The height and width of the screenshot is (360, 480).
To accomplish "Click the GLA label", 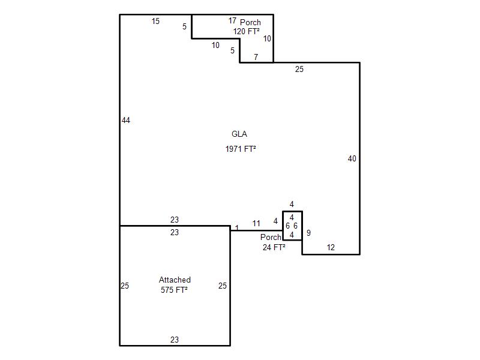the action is (x=239, y=134).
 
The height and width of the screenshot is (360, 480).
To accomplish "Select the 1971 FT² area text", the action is (x=241, y=149).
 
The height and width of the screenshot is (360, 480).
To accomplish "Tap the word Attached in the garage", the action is (x=175, y=280).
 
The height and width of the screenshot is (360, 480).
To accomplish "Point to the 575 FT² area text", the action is (x=174, y=290).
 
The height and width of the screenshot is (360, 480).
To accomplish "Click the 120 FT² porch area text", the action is (x=247, y=32).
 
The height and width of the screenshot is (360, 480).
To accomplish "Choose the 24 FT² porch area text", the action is (x=274, y=247).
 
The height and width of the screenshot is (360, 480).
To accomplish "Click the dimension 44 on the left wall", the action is (x=126, y=121).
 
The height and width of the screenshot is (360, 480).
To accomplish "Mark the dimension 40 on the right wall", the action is (x=352, y=158).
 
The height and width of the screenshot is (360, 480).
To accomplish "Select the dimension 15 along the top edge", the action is (x=155, y=21).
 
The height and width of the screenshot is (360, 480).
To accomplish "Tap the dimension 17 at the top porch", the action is (x=232, y=20).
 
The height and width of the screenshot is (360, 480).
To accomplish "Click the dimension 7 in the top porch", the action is (x=256, y=57).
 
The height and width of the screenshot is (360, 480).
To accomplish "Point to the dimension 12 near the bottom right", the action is (x=331, y=247).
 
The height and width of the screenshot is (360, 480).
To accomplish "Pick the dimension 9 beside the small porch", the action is (x=308, y=233).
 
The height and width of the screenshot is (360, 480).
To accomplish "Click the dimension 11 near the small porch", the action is (x=256, y=223).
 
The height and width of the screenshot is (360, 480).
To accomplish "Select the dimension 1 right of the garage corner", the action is (x=237, y=228).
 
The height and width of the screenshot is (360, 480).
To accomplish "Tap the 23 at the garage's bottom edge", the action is (x=175, y=340).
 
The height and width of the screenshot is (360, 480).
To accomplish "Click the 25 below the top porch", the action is (x=299, y=69).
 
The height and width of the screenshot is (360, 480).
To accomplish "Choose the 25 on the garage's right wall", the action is (x=223, y=286).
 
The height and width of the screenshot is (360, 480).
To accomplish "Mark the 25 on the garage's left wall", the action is (x=125, y=286).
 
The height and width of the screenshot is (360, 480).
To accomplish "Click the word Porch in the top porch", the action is (x=250, y=22).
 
